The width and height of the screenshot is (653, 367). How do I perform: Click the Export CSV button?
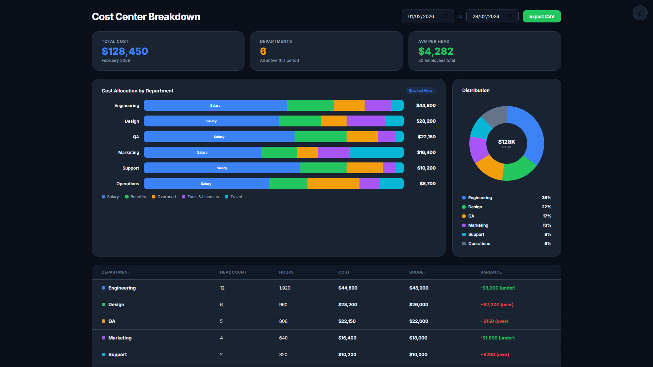click(542, 16)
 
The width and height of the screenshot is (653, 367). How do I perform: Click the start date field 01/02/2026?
click(428, 16)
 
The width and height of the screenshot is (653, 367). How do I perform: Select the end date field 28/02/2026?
click(492, 16)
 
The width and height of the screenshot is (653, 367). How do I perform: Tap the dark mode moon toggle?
click(640, 13)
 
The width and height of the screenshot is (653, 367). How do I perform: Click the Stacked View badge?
click(420, 90)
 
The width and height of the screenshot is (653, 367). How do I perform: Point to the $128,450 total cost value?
click(125, 51)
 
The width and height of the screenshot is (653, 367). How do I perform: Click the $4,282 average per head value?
click(436, 51)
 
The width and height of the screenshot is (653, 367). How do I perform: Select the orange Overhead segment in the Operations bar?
click(333, 183)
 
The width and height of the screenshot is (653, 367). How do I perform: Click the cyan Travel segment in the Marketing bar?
click(376, 152)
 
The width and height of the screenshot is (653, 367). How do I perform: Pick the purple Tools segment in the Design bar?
click(366, 121)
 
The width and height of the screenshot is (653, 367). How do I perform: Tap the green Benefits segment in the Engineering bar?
click(310, 105)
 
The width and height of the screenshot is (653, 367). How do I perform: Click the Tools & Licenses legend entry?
click(200, 197)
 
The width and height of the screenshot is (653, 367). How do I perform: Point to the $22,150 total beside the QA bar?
click(427, 137)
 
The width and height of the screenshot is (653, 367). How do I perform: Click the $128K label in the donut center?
click(507, 142)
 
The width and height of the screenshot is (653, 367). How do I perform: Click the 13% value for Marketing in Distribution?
click(547, 225)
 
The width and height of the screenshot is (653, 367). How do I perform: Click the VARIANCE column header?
click(491, 272)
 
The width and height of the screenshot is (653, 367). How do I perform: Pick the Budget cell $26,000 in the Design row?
click(419, 304)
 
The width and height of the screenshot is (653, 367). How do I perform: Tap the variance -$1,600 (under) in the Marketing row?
click(498, 338)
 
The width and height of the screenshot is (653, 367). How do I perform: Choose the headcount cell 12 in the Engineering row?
click(222, 288)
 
